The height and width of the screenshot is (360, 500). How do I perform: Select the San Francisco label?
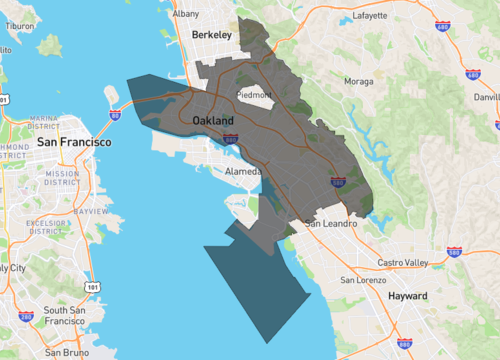pyautogui.click(x=74, y=142)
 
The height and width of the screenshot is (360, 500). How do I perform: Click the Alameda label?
pyautogui.click(x=243, y=171)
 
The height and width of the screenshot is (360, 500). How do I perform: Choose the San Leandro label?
pyautogui.click(x=330, y=223)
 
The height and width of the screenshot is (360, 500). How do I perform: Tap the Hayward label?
pyautogui.click(x=408, y=296)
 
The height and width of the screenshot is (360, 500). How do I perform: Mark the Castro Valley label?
pyautogui.click(x=402, y=262)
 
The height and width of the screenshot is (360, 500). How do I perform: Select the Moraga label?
pyautogui.click(x=359, y=80)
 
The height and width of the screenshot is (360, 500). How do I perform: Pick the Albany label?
pyautogui.click(x=185, y=14)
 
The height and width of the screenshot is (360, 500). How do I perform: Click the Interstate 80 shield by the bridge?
pyautogui.click(x=115, y=115)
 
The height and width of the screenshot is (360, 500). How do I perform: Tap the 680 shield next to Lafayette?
pyautogui.click(x=473, y=75)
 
